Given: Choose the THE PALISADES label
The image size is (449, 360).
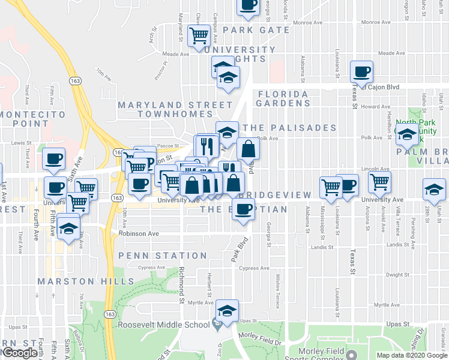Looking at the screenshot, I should [x=289, y=128].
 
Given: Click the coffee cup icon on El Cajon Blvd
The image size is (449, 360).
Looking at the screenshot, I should [x=362, y=72].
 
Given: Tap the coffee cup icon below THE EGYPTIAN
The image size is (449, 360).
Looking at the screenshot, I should [x=243, y=209].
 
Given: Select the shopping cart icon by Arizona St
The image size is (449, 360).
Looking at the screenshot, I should [x=379, y=181].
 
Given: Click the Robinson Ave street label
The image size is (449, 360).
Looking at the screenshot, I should [x=139, y=233].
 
